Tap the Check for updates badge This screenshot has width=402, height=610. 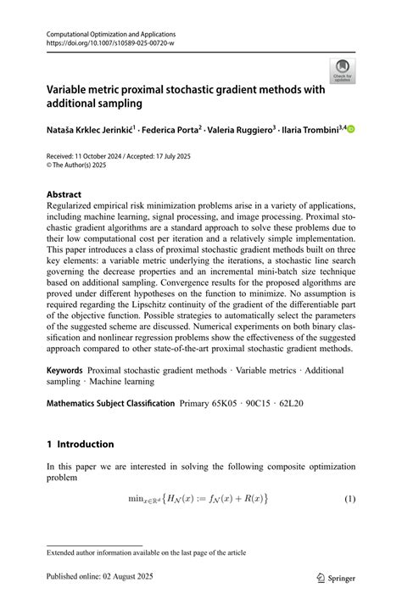[342, 71]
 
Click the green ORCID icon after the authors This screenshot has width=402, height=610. [350, 129]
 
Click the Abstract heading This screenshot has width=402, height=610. [64, 193]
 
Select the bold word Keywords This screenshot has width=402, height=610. [64, 370]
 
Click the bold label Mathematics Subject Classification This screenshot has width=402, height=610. [110, 404]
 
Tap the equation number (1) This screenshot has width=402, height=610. [349, 498]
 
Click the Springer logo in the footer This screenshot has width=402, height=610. [336, 577]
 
